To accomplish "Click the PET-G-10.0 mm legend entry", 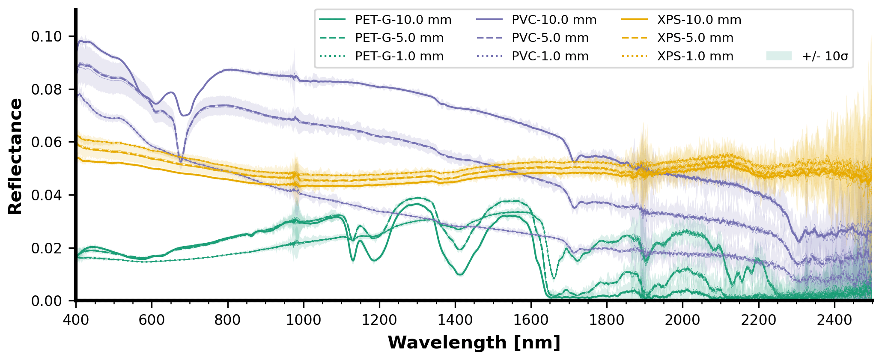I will coord(403,20).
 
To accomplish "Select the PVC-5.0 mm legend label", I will coord(550,38).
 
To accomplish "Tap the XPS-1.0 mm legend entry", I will coord(695,57).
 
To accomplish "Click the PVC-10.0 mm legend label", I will coord(554,20).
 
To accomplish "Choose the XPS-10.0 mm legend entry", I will coord(699,20).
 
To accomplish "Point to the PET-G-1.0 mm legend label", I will coord(399,57).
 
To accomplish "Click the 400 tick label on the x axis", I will coord(76,320).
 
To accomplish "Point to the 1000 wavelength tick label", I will coord(303,320).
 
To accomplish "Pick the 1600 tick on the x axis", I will coord(531,320).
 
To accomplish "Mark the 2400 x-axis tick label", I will coord(834,320).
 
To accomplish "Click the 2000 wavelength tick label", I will coord(682,320).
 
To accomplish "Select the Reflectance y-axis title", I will coord(16,156).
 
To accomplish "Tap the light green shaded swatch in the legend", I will coord(779,56).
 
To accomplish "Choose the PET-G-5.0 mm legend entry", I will coord(399,38).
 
